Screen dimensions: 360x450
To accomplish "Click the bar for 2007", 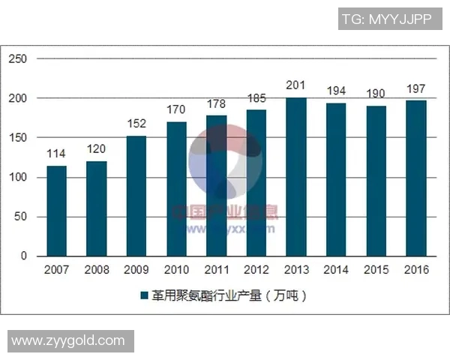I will pyautogui.click(x=56, y=211).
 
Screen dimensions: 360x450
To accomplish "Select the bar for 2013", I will pyautogui.click(x=296, y=177).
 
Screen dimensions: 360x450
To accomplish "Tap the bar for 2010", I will pyautogui.click(x=176, y=189).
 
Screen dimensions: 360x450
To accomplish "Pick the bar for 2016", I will pyautogui.click(x=416, y=178).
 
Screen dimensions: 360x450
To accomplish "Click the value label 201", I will pyautogui.click(x=296, y=85).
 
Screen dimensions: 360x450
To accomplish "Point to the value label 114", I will pyautogui.click(x=56, y=154).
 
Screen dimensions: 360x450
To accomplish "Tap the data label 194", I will pyautogui.click(x=337, y=91).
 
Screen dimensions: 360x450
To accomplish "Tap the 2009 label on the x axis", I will pyautogui.click(x=136, y=270).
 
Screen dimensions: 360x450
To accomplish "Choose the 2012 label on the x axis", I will pyautogui.click(x=256, y=270).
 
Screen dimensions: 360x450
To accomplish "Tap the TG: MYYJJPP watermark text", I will pyautogui.click(x=386, y=19).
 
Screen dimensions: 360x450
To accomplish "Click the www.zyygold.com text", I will pyautogui.click(x=69, y=341).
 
